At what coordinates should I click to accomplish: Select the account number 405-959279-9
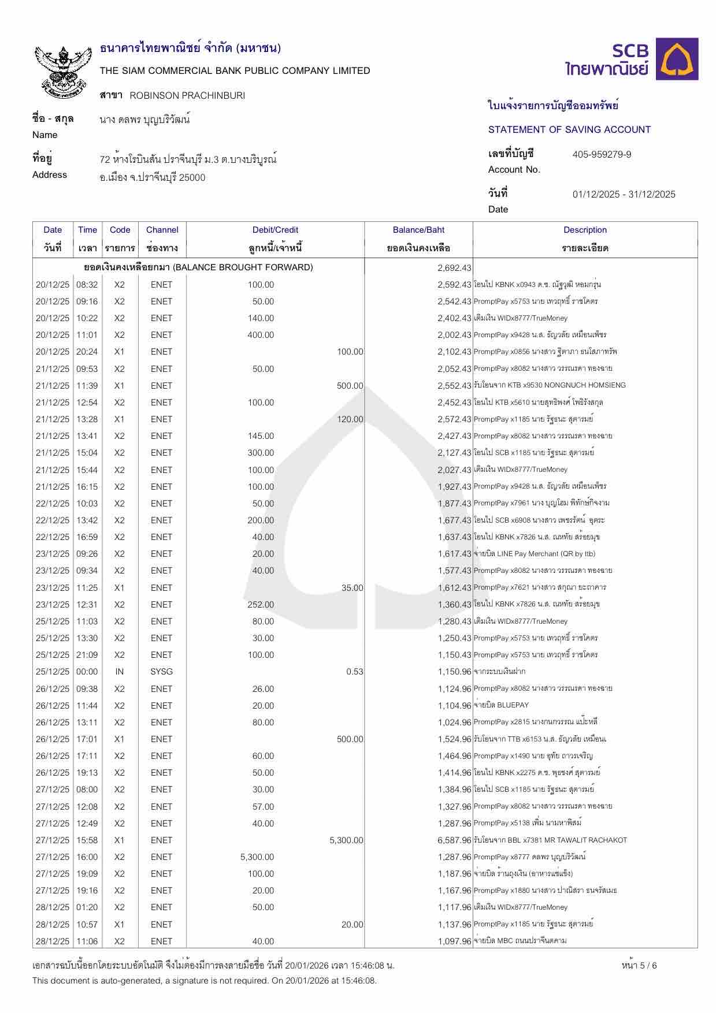(602, 154)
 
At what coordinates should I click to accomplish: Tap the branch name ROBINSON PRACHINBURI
(187, 95)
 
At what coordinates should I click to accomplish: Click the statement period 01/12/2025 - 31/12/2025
(624, 194)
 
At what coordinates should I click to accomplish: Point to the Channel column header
(162, 230)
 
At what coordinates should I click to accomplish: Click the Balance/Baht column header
(418, 230)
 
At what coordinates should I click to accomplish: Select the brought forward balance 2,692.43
(454, 268)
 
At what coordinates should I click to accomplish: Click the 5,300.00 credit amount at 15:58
(346, 840)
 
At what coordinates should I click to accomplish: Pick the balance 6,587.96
(454, 840)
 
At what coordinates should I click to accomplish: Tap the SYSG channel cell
(162, 672)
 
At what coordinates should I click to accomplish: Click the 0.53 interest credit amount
(354, 672)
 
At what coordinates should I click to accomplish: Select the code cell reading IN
(120, 672)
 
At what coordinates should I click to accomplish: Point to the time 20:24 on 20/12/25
(87, 352)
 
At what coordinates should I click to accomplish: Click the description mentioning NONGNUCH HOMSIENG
(549, 385)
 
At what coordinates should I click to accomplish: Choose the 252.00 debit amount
(261, 605)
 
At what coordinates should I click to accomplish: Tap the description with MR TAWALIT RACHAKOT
(550, 840)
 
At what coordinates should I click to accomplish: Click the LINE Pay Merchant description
(535, 554)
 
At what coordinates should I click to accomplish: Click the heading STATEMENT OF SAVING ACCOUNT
(569, 129)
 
